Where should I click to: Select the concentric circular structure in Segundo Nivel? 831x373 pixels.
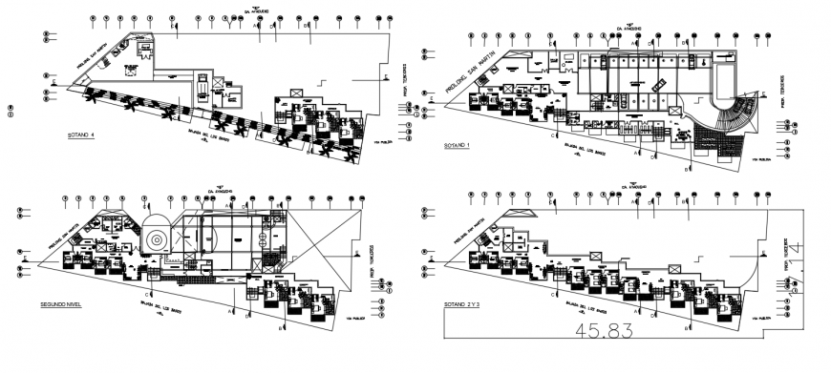pos(156,239)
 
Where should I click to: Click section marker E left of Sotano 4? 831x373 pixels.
pos(55,83)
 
